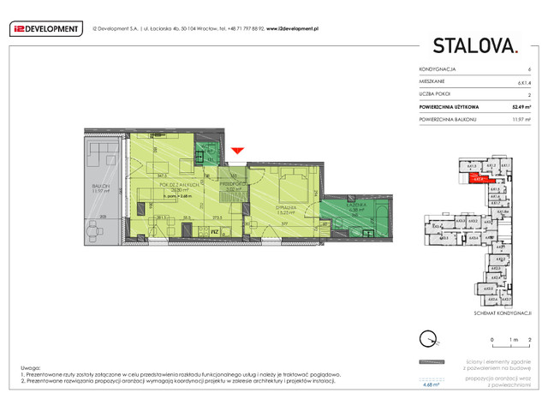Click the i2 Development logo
click(45, 27)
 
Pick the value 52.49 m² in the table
click(523, 107)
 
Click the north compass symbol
click(428, 337)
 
